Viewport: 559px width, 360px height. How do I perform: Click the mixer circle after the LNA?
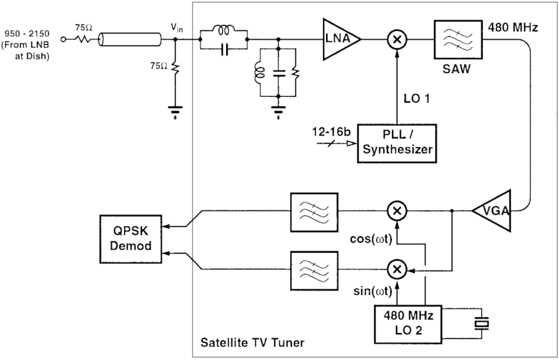point(397,39)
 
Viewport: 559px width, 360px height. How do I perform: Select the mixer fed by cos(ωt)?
point(397,211)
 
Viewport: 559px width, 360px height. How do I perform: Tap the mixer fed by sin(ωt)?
point(397,269)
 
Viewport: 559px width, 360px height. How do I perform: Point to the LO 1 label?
point(416,99)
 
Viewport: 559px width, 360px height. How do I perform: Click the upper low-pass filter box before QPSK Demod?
point(314,211)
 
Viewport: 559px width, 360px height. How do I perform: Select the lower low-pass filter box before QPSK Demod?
point(314,269)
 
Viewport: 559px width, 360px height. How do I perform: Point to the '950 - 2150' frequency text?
point(25,32)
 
